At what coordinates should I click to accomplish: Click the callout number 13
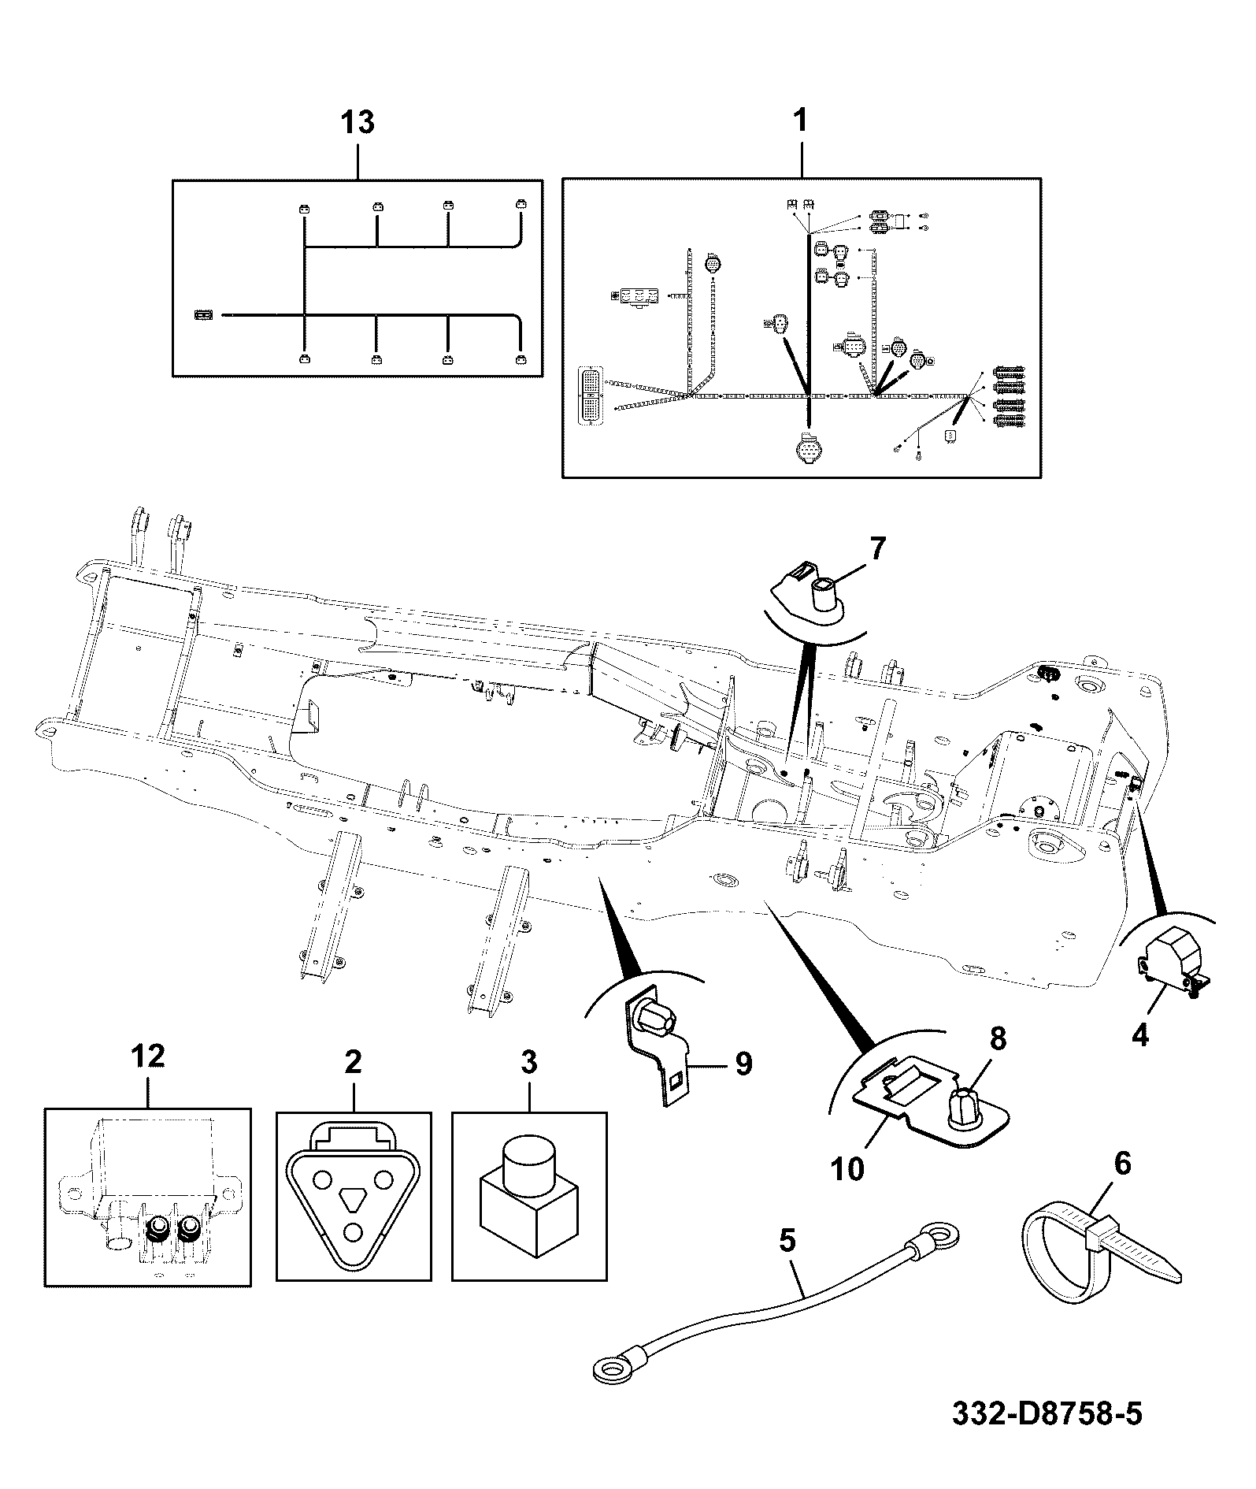(358, 123)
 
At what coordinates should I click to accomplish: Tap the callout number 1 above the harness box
(800, 121)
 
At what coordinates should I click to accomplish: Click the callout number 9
(743, 1064)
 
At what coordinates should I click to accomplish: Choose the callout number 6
(1122, 1164)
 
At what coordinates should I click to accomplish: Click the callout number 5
(787, 1241)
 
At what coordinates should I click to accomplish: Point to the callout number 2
(353, 1063)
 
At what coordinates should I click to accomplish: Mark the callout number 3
(529, 1063)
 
